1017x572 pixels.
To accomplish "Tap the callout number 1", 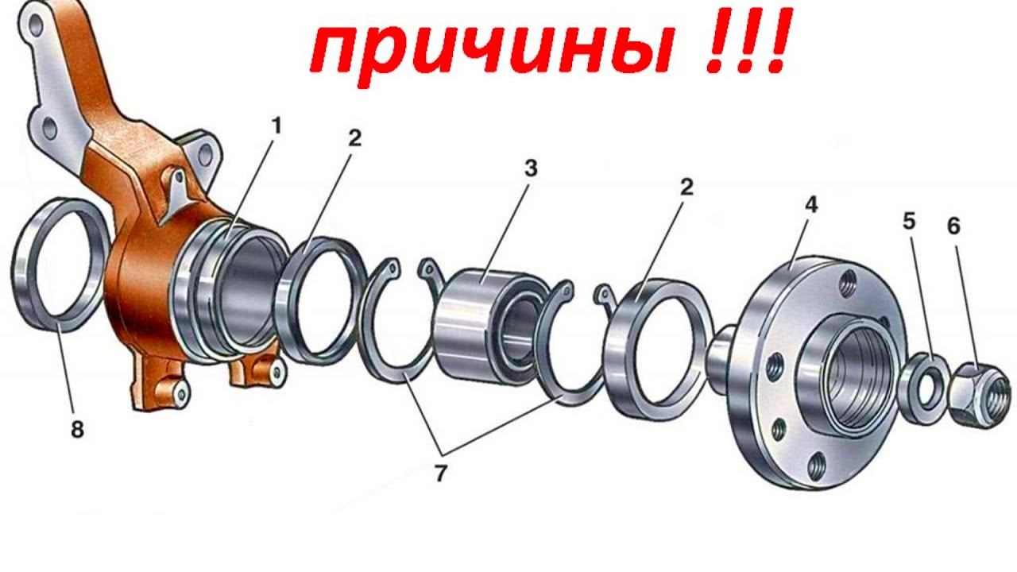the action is (x=276, y=126).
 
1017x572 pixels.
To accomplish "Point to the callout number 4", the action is (x=811, y=205).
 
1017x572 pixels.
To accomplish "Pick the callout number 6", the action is (x=954, y=226).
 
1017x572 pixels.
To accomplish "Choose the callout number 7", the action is (x=440, y=473).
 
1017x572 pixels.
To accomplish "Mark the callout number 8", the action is (x=77, y=428).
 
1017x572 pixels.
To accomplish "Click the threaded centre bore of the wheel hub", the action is (x=859, y=377).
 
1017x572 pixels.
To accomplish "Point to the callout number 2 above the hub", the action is (x=687, y=187).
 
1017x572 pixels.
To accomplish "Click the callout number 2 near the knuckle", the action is (x=354, y=138).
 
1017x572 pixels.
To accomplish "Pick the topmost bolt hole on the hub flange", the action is (x=850, y=280).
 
